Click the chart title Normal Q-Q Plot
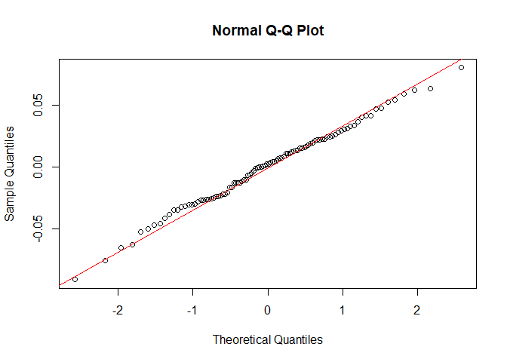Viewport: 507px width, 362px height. (268, 31)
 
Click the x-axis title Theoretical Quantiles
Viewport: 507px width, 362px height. (268, 339)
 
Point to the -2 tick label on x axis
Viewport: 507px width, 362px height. (118, 310)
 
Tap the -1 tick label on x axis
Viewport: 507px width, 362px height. (192, 310)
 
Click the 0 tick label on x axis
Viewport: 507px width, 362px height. (268, 310)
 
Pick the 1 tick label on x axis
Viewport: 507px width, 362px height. (343, 310)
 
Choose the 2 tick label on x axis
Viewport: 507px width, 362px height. (417, 310)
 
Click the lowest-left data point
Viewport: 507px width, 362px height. (75, 279)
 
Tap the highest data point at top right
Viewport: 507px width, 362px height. (461, 67)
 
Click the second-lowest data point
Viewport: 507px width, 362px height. (105, 260)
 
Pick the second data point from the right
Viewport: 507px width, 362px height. (430, 88)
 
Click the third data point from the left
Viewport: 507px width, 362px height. (121, 247)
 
